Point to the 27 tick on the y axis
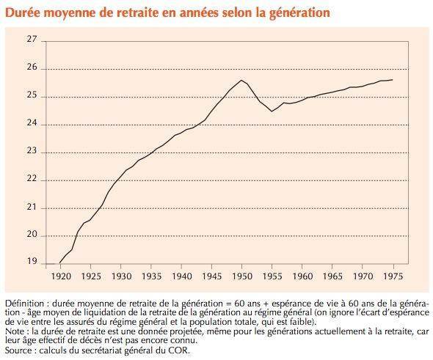click(x=32, y=39)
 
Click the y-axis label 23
click(x=32, y=150)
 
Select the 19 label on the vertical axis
click(x=32, y=261)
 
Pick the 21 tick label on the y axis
click(x=32, y=207)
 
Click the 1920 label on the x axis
click(x=61, y=276)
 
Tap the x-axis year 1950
click(x=242, y=276)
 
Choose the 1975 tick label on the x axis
click(x=393, y=276)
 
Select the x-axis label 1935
click(x=151, y=276)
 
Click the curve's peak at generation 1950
click(x=241, y=80)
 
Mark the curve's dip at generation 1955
click(x=272, y=111)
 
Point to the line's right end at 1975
click(x=393, y=80)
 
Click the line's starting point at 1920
click(x=60, y=262)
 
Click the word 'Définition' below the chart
click(x=25, y=304)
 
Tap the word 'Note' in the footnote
click(x=15, y=331)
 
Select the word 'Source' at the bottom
click(x=18, y=350)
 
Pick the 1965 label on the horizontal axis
click(x=332, y=276)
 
